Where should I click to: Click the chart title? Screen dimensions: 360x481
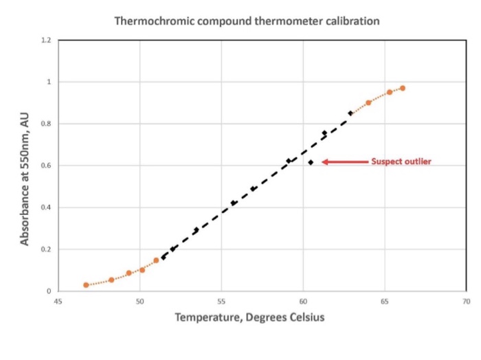click(x=246, y=21)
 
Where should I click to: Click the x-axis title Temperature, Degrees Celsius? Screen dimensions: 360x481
click(x=249, y=317)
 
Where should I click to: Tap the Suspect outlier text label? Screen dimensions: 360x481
click(x=401, y=162)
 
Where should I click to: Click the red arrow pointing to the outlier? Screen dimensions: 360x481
click(x=344, y=162)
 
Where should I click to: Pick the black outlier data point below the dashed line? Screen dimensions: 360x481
click(x=311, y=162)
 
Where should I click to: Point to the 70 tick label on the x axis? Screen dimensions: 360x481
click(x=467, y=302)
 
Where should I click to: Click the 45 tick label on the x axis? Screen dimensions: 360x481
click(x=58, y=302)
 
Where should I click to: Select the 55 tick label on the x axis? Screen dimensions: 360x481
click(x=221, y=302)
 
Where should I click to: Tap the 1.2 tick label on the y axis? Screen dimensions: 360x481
click(x=45, y=41)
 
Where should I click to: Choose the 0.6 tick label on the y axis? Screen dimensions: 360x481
click(x=45, y=166)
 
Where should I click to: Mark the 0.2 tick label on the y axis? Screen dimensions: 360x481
click(x=45, y=249)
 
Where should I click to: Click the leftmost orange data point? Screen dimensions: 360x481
click(x=86, y=285)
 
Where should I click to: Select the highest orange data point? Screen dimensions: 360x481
click(x=403, y=88)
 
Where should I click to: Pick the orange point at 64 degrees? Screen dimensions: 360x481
click(x=368, y=102)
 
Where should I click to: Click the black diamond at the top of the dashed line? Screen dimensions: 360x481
click(x=350, y=113)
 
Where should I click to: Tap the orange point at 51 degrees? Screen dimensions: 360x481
click(x=156, y=260)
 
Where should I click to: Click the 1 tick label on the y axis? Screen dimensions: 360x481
click(x=48, y=82)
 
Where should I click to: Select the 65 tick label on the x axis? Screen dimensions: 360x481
click(x=385, y=302)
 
